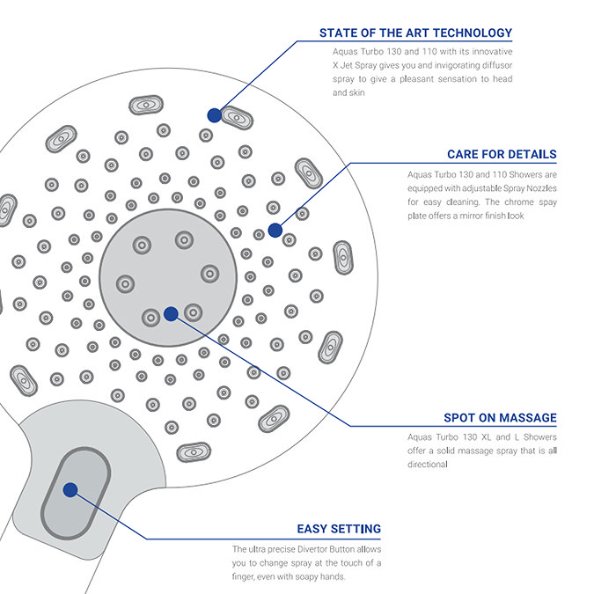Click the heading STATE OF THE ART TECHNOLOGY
415,33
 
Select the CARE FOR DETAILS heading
502,154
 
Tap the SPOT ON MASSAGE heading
500,418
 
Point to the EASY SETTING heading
339,529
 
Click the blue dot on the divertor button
70,489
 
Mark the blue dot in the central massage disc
171,312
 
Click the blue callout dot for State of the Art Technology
214,114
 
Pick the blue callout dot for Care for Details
275,231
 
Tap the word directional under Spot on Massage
429,464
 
